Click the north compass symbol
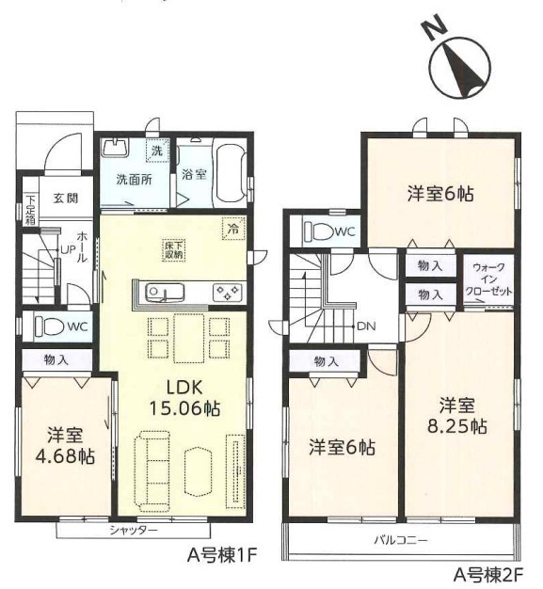[461, 67]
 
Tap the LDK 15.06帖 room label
[184, 397]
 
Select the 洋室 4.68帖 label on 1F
[65, 446]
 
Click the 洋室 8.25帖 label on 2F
[457, 416]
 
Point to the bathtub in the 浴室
[230, 174]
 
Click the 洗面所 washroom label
[134, 180]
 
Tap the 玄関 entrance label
[65, 198]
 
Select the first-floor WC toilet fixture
[49, 326]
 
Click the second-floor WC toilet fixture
[318, 231]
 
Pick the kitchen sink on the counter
[165, 292]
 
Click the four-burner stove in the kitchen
[228, 292]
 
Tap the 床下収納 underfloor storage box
[173, 249]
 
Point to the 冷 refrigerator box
[233, 229]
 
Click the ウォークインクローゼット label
[488, 279]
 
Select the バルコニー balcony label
[401, 540]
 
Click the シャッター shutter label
[134, 531]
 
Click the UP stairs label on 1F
[69, 249]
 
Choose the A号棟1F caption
[222, 555]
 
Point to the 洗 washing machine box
[157, 151]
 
